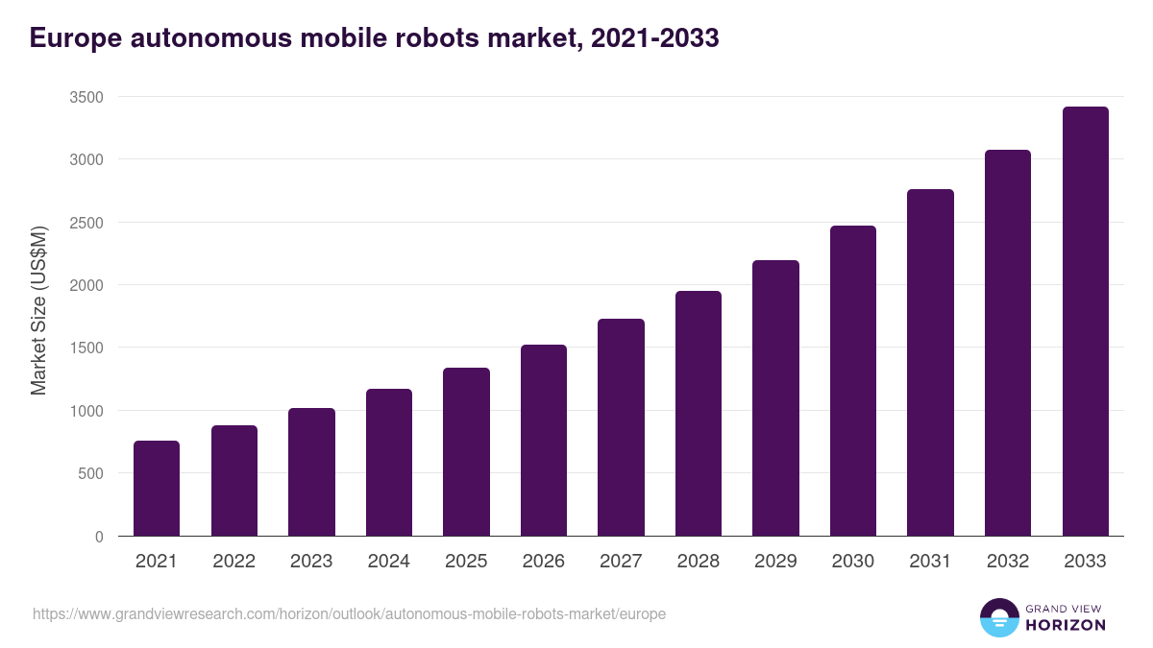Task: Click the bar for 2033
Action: point(1085,321)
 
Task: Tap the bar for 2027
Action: point(621,427)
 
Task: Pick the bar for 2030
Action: point(853,380)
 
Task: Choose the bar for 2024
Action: point(389,462)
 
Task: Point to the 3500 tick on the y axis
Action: point(86,97)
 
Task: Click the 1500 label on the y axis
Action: point(86,348)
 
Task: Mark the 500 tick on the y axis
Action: point(90,473)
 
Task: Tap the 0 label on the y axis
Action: point(99,537)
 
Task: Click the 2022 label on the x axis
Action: point(233,562)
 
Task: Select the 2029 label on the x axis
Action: point(775,562)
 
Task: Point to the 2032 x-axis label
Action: point(1008,562)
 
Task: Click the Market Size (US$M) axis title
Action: point(38,310)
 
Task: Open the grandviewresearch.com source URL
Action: point(349,613)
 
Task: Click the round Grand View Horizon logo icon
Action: point(998,617)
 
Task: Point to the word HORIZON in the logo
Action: point(1065,625)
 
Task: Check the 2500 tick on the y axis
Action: point(86,223)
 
